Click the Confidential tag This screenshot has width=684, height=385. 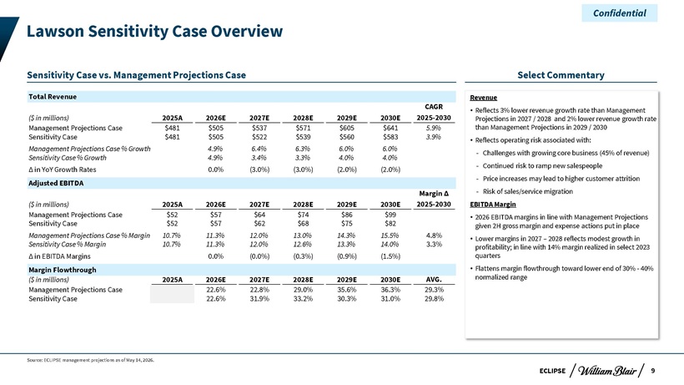click(x=620, y=13)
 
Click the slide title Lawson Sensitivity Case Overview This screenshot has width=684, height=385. click(x=154, y=32)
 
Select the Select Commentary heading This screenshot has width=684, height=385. click(x=561, y=75)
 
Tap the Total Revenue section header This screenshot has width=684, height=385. click(x=53, y=97)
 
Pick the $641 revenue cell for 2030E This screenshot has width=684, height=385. click(x=390, y=128)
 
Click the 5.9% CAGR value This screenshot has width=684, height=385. click(x=434, y=128)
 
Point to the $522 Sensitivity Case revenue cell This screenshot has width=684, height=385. click(x=259, y=137)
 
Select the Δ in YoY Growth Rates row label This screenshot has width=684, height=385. click(x=63, y=170)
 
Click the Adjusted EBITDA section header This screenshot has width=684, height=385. click(x=56, y=183)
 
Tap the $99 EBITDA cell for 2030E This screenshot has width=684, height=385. click(x=390, y=215)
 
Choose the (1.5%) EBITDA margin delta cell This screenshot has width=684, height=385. click(x=390, y=256)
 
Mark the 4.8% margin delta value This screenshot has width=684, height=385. click(x=434, y=236)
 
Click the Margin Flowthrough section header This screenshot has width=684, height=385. click(x=63, y=270)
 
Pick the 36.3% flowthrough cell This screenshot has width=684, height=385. click(x=390, y=290)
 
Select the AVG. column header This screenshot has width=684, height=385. click(x=434, y=280)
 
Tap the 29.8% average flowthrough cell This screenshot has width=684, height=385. click(x=434, y=299)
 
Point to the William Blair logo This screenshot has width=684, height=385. click(x=607, y=371)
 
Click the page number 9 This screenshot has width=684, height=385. click(x=653, y=371)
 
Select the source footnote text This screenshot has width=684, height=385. click(x=90, y=360)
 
